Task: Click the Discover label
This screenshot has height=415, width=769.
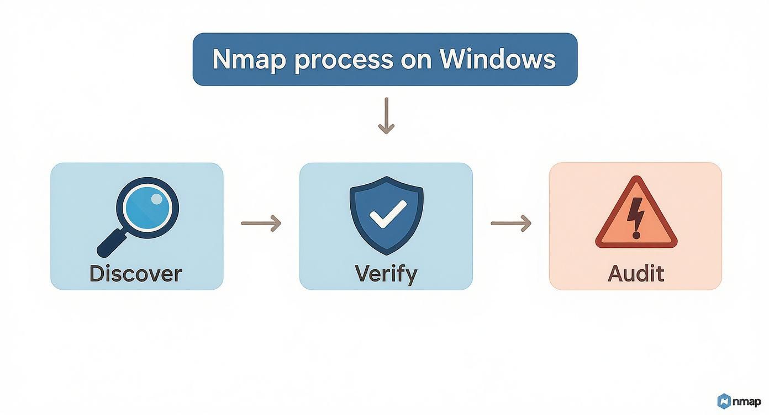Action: point(136,274)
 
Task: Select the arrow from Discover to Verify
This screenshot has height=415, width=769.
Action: point(261,224)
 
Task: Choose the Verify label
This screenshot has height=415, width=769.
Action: point(386,274)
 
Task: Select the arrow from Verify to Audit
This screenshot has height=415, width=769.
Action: point(511,224)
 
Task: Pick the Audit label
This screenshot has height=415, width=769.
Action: point(636,274)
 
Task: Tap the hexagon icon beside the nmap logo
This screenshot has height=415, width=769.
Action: point(724,401)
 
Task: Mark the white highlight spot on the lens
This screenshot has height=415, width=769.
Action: point(157,198)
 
